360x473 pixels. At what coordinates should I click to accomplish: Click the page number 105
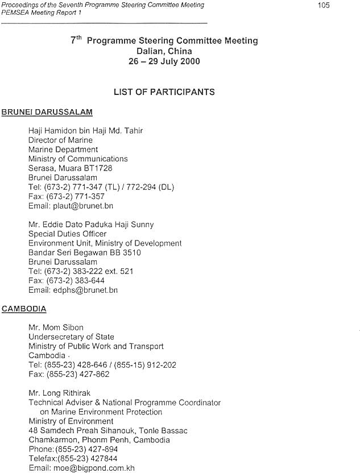click(x=323, y=5)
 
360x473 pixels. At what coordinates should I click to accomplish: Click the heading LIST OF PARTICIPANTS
click(x=164, y=92)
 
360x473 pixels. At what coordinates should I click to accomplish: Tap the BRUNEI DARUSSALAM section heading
click(x=47, y=112)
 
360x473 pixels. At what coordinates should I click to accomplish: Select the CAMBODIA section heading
click(x=24, y=309)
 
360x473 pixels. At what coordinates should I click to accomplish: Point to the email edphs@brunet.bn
click(x=73, y=290)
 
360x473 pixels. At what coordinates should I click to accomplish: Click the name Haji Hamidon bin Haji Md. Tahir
click(x=85, y=131)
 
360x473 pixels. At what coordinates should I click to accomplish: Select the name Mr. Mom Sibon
click(x=56, y=327)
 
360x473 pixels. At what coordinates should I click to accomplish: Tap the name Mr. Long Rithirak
click(x=59, y=393)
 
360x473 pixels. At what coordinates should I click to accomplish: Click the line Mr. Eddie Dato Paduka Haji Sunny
click(x=91, y=225)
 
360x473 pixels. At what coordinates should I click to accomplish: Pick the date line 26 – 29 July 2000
click(x=164, y=61)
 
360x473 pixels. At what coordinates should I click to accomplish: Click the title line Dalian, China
click(x=164, y=51)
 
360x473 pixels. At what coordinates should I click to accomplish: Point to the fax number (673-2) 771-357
click(x=67, y=196)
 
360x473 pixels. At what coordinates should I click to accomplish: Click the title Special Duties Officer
click(x=67, y=234)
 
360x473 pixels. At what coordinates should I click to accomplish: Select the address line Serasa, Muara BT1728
click(x=70, y=168)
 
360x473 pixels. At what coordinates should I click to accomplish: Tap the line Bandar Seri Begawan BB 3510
click(x=84, y=252)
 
